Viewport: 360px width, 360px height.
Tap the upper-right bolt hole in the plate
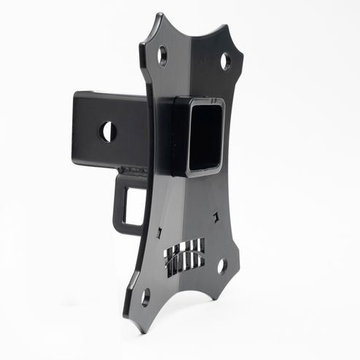click(226, 61)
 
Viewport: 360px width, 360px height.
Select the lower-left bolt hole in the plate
click(145, 297)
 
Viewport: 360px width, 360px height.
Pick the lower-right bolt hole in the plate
click(222, 267)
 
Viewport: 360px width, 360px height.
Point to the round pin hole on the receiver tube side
click(108, 132)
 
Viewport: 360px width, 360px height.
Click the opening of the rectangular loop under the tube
click(133, 205)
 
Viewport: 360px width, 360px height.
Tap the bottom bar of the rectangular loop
click(128, 229)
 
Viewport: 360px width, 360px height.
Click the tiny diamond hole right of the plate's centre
click(216, 216)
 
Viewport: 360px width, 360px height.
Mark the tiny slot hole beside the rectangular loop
click(159, 232)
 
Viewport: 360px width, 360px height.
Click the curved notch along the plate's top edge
click(195, 34)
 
